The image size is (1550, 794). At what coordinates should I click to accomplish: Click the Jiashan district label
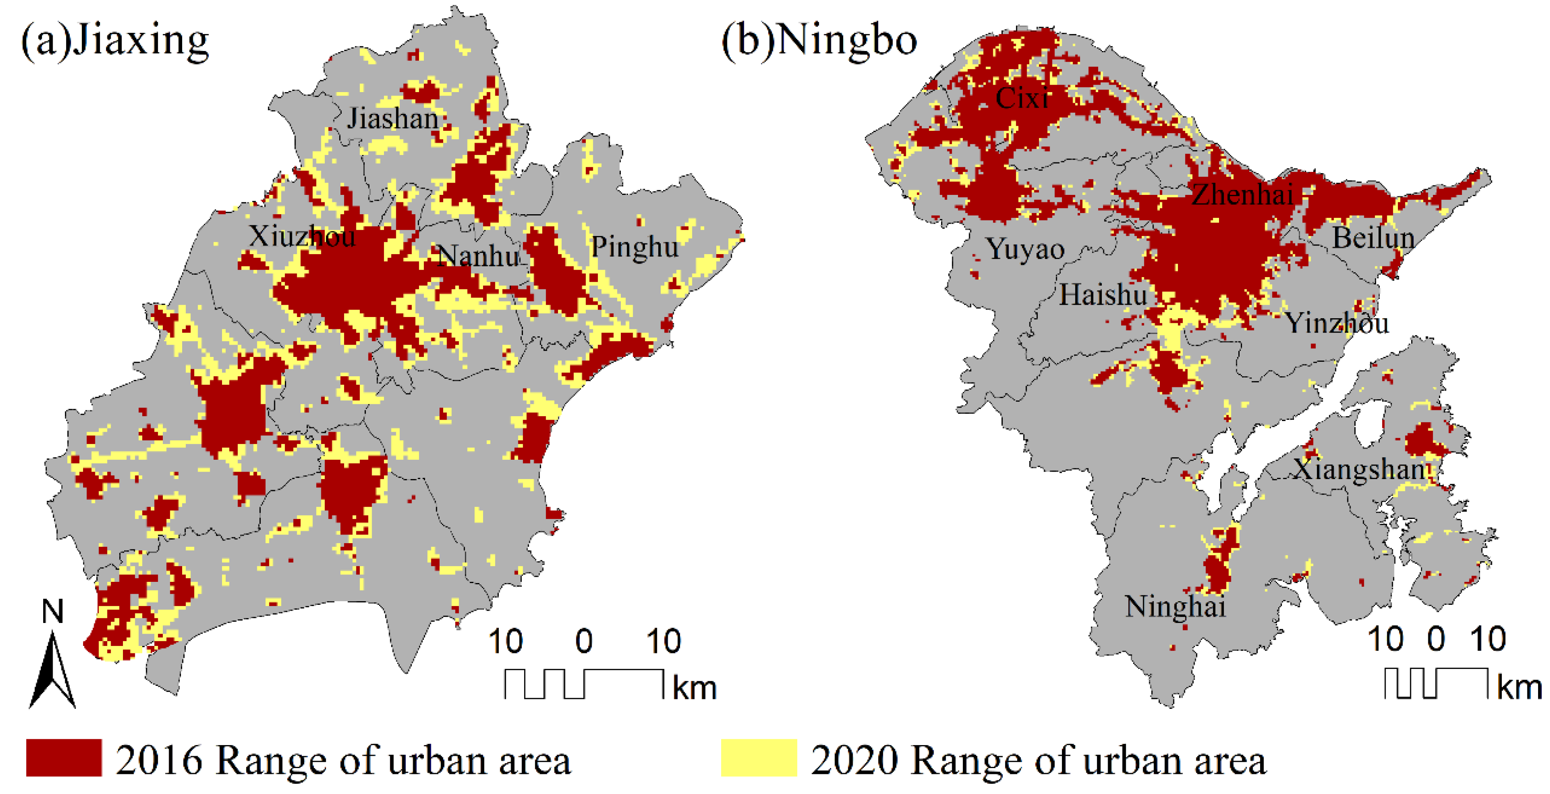coord(392,118)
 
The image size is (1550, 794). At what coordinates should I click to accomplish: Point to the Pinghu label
coord(634,247)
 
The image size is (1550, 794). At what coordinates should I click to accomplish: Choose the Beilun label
coord(1373,238)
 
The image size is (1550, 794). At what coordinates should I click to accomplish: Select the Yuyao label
coord(1025,249)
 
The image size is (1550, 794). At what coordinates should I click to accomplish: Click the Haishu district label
coord(1103,295)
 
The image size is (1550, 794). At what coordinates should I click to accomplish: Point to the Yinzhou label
coord(1337,323)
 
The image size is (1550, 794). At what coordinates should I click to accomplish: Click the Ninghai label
coord(1175,606)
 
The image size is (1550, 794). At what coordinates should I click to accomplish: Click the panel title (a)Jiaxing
coord(115,41)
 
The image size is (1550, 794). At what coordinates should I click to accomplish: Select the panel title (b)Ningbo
coord(819,41)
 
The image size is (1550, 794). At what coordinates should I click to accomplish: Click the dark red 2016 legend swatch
coord(64,757)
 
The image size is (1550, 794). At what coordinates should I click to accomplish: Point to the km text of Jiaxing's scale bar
coord(694,688)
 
